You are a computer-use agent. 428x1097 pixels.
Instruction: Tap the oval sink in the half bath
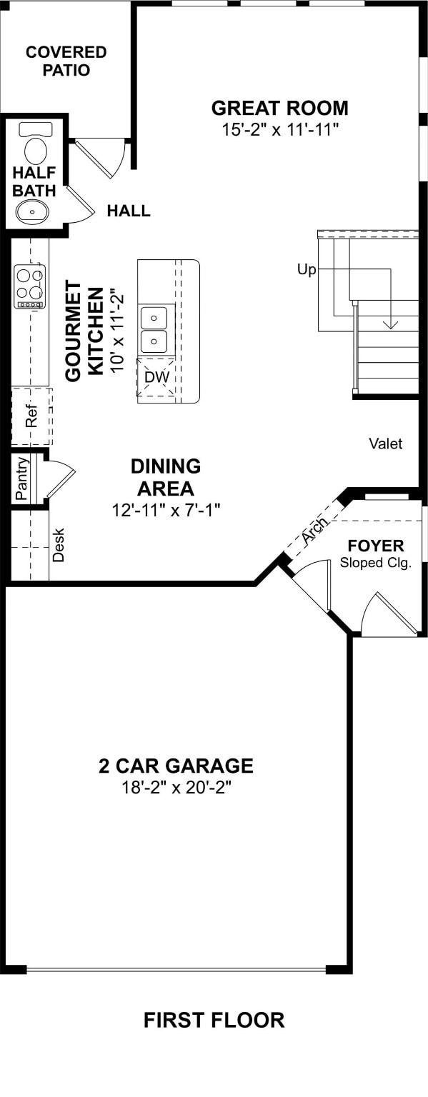click(33, 211)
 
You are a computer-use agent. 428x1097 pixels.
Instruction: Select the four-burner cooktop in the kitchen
click(30, 286)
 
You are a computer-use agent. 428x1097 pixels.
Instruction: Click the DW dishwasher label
click(156, 377)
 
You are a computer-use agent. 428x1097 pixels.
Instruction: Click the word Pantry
click(21, 478)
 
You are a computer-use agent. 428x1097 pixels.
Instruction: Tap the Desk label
click(59, 545)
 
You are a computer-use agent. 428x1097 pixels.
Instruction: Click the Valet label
click(385, 444)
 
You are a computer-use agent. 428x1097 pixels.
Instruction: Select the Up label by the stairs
click(307, 269)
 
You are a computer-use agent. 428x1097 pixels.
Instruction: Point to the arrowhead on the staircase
click(390, 324)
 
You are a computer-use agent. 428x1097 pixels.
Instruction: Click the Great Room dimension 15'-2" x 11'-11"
click(281, 130)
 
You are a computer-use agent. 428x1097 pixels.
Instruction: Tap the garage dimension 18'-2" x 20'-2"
click(176, 788)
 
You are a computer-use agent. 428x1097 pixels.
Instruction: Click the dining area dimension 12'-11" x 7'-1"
click(166, 510)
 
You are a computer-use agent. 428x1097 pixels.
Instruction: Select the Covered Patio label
click(66, 61)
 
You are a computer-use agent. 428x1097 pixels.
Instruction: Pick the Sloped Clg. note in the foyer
click(376, 563)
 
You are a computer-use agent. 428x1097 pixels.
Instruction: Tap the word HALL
click(129, 211)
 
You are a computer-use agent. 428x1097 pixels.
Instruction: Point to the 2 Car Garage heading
click(176, 766)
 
